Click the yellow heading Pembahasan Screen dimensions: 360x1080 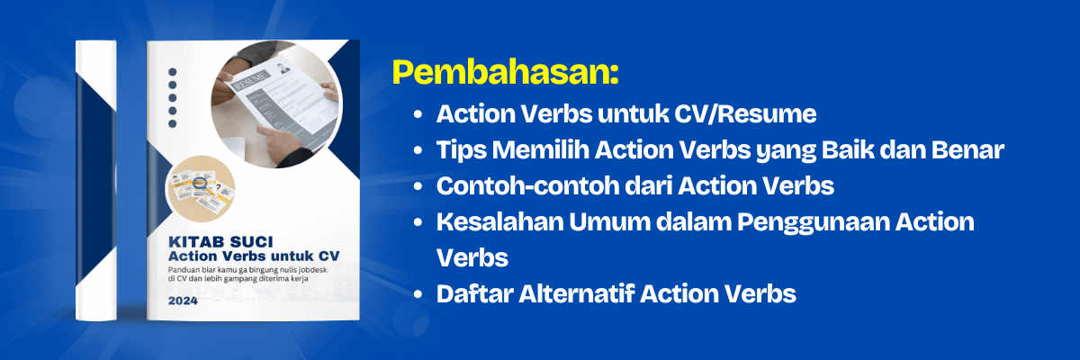coord(505,73)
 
